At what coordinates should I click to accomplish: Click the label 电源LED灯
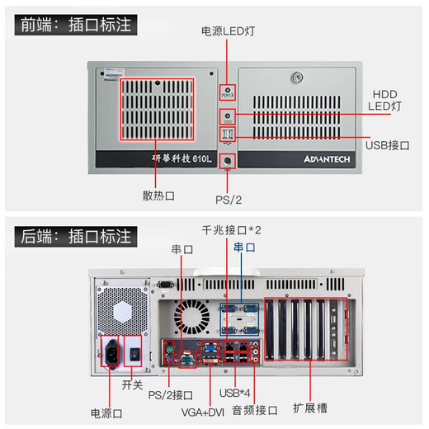228,31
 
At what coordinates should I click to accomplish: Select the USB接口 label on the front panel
385,145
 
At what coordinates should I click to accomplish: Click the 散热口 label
158,196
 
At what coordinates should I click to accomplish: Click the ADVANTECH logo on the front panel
328,158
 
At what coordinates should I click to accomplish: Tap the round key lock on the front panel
296,79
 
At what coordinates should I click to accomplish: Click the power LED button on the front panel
228,91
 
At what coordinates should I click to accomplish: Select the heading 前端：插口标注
75,25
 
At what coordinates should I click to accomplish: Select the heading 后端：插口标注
75,237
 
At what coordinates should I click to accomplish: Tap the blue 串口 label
243,247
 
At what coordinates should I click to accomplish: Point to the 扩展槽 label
309,408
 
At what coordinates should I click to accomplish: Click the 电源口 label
107,411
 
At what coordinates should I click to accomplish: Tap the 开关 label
132,385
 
